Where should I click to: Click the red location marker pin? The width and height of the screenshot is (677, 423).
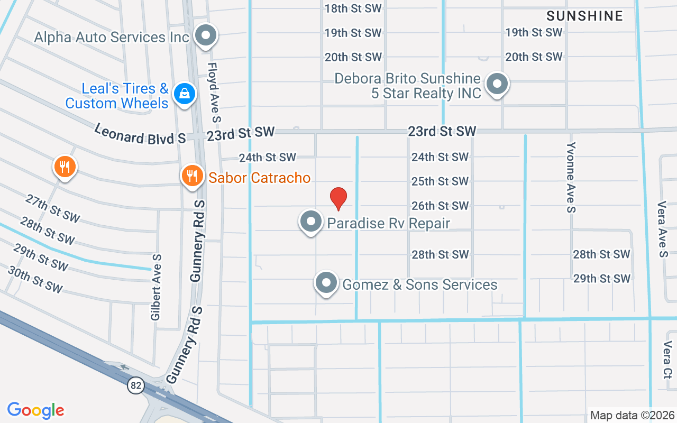click(338, 198)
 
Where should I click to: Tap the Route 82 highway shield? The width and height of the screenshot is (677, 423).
click(136, 385)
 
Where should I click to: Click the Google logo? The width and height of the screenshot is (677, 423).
click(36, 410)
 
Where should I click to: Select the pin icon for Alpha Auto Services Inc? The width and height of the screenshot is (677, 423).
click(205, 36)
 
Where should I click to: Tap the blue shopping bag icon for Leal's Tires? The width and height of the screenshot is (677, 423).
click(184, 94)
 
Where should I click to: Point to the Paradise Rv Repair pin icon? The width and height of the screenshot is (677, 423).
click(311, 222)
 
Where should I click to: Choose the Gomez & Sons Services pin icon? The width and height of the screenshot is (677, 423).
click(326, 283)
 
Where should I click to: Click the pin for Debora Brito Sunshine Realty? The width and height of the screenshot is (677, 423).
click(497, 84)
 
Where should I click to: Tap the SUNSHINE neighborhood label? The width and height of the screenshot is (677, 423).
click(584, 16)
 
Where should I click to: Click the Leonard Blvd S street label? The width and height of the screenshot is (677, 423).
click(140, 134)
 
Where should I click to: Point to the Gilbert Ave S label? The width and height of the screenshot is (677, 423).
click(156, 287)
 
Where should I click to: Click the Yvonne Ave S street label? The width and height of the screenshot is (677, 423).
click(571, 177)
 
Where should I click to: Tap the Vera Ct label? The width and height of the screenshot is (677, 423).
click(666, 360)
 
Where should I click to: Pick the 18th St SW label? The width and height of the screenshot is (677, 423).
click(353, 8)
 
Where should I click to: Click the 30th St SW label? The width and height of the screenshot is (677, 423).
click(35, 279)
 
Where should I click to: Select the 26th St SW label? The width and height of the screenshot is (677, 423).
click(440, 205)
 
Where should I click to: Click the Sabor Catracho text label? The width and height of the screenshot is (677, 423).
click(259, 178)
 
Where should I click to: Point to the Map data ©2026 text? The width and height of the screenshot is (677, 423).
click(632, 416)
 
